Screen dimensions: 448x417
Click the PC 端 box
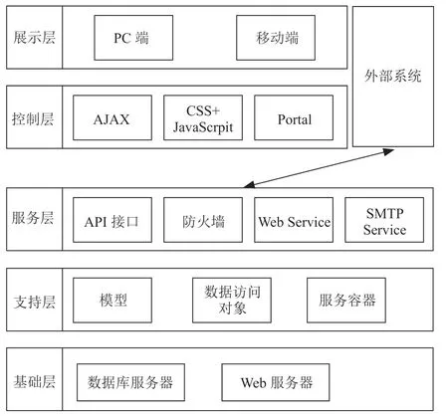(133, 38)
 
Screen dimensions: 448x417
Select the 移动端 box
(276, 38)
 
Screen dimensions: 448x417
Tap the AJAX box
(112, 117)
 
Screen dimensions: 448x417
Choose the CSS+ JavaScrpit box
(203, 117)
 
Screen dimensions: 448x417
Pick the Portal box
(294, 117)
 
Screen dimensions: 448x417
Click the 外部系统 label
(393, 76)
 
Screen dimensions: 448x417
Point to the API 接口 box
(112, 220)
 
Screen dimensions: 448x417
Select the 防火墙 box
(203, 220)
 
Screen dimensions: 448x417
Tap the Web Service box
(294, 220)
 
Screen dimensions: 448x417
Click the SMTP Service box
(384, 220)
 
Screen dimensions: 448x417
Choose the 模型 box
(112, 301)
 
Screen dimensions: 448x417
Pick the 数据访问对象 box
(232, 301)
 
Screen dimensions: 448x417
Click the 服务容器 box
(346, 301)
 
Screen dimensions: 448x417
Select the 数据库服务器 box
(130, 382)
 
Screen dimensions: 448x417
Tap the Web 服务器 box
(276, 382)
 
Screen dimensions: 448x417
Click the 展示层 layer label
(34, 37)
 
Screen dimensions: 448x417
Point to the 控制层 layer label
(33, 118)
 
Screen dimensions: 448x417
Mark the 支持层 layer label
(34, 302)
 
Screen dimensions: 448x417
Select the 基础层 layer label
(34, 381)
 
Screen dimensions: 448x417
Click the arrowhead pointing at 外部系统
(389, 151)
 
